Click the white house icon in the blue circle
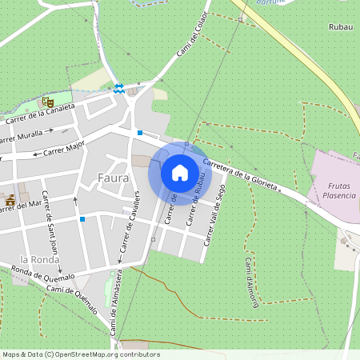point(180,173)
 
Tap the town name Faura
point(113,178)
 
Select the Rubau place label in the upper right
point(341,26)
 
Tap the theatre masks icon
point(47,102)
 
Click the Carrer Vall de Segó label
point(213,218)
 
